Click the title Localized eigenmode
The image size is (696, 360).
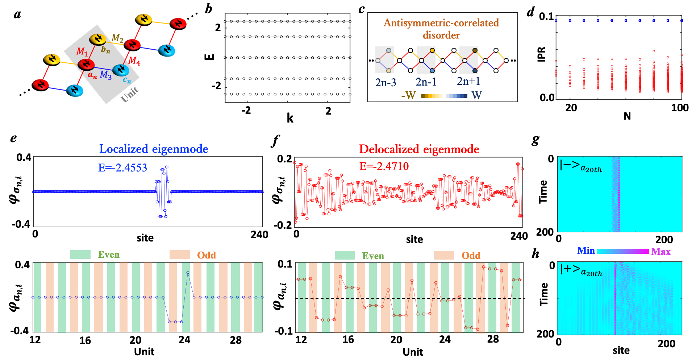(154, 149)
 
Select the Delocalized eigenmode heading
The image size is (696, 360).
(419, 149)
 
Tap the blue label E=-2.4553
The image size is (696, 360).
(122, 168)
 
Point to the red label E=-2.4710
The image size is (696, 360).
(384, 166)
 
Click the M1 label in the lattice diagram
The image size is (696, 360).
(82, 51)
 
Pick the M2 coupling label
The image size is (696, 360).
(117, 38)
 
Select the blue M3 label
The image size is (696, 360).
(105, 75)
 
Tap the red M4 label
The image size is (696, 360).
(134, 61)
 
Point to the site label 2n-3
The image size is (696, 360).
(385, 83)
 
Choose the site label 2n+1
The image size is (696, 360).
(468, 81)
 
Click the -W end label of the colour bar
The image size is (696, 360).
(408, 95)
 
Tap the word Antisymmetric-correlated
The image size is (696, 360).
(441, 23)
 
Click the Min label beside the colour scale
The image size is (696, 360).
(586, 251)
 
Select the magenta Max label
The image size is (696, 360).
(660, 252)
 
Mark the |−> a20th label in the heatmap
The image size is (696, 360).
(581, 166)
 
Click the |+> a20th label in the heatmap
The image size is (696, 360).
(581, 270)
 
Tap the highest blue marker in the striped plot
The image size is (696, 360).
(188, 273)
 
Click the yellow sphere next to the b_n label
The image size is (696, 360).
(97, 39)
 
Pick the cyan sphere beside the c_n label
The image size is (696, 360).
(121, 70)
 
